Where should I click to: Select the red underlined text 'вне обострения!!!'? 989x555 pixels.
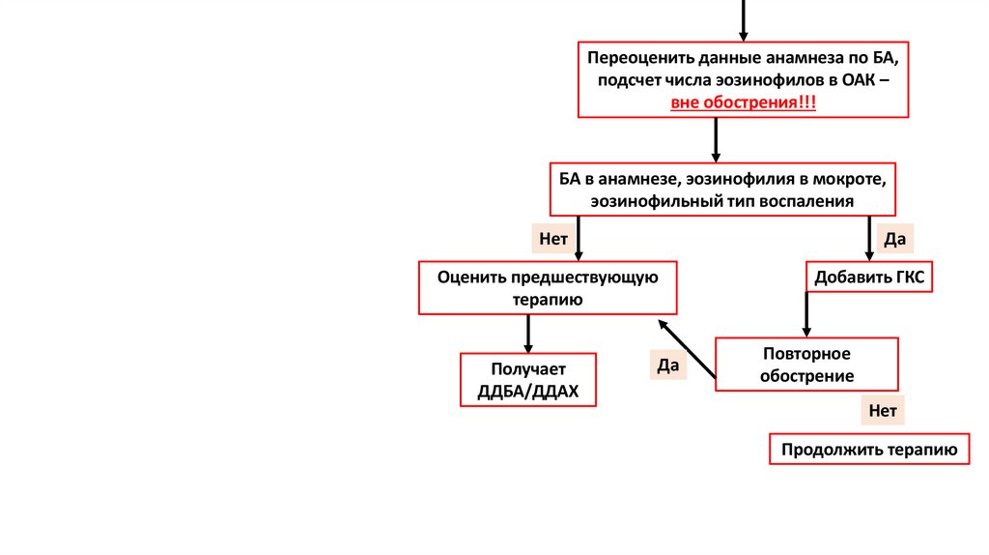pos(744,102)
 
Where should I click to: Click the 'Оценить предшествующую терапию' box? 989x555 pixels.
pos(548,288)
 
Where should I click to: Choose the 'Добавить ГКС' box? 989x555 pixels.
pos(869,277)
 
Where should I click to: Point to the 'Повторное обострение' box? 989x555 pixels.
pos(806,364)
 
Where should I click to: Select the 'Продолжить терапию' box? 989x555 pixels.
pos(869,450)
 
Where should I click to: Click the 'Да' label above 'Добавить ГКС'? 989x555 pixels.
pos(893,238)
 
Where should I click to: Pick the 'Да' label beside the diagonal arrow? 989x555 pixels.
pos(667,365)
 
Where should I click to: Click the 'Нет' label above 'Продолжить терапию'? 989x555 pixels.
pos(883,411)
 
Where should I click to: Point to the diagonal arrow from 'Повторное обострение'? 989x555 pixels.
pos(687,348)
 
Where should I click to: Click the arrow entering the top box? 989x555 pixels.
pos(744,19)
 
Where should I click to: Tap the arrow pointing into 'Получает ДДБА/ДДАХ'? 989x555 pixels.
pos(527,334)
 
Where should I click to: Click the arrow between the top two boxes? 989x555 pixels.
pos(716,139)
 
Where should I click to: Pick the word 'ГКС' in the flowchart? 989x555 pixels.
pos(909,277)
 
